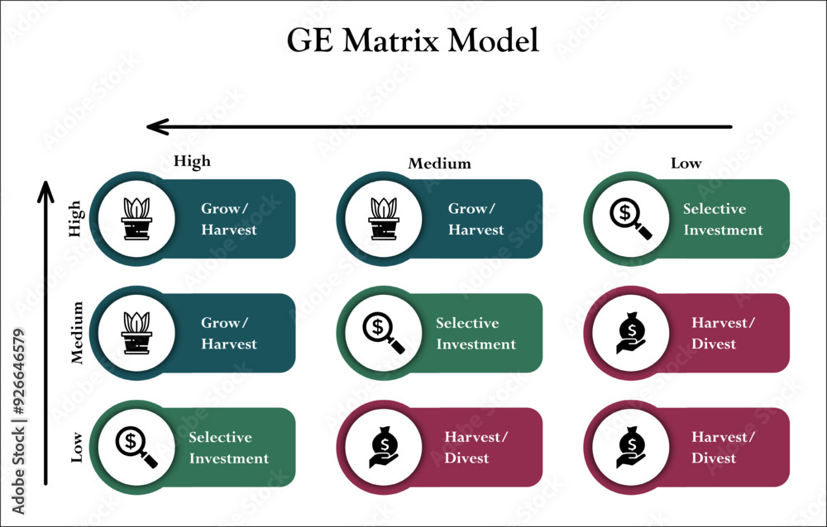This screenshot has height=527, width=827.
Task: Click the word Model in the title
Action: (x=498, y=40)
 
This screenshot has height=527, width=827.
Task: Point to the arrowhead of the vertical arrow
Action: (x=46, y=188)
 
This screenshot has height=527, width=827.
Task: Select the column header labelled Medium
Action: (x=439, y=164)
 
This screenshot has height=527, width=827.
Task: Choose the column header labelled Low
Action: (x=686, y=164)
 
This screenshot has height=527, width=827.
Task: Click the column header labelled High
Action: (x=192, y=162)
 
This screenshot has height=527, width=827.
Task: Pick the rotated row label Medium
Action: (x=78, y=333)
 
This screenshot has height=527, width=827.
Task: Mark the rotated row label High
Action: (x=75, y=219)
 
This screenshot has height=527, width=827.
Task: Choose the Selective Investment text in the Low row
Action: (x=228, y=448)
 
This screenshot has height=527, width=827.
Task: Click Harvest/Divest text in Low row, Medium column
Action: (x=476, y=448)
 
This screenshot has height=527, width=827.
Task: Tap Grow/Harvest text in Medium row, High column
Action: (x=228, y=334)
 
